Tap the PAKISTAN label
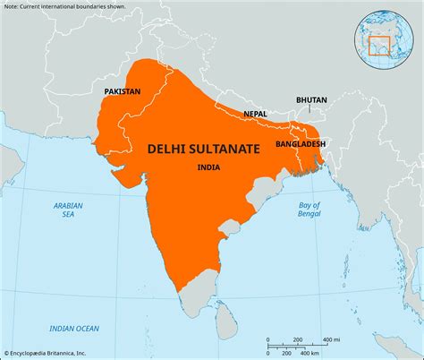(x=123, y=92)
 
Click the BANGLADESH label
(x=300, y=143)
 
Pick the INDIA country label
(x=212, y=167)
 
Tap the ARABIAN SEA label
(x=67, y=210)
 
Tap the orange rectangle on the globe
(x=380, y=40)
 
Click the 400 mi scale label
(x=330, y=339)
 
